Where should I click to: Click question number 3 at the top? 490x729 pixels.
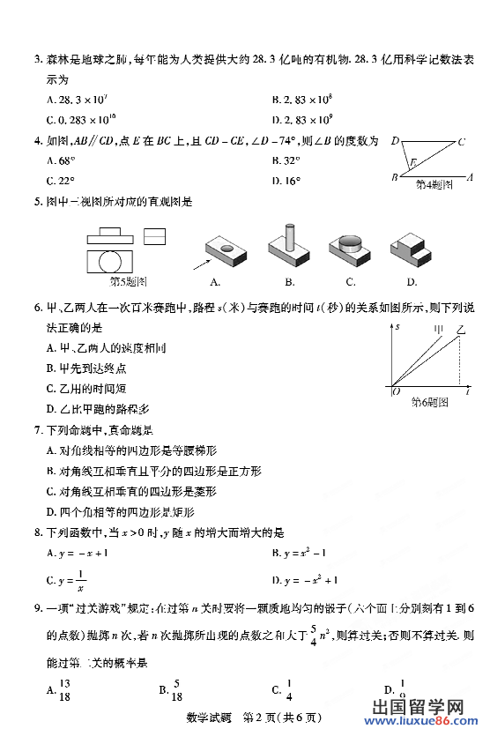tap(38, 60)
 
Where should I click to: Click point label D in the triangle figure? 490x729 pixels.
tap(396, 141)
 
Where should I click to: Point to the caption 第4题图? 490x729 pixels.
tap(434, 185)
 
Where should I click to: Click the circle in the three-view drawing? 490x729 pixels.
tap(110, 262)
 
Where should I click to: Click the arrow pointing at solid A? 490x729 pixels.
tap(202, 262)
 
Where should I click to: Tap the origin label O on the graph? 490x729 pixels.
tap(396, 391)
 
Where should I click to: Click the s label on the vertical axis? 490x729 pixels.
tap(397, 327)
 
